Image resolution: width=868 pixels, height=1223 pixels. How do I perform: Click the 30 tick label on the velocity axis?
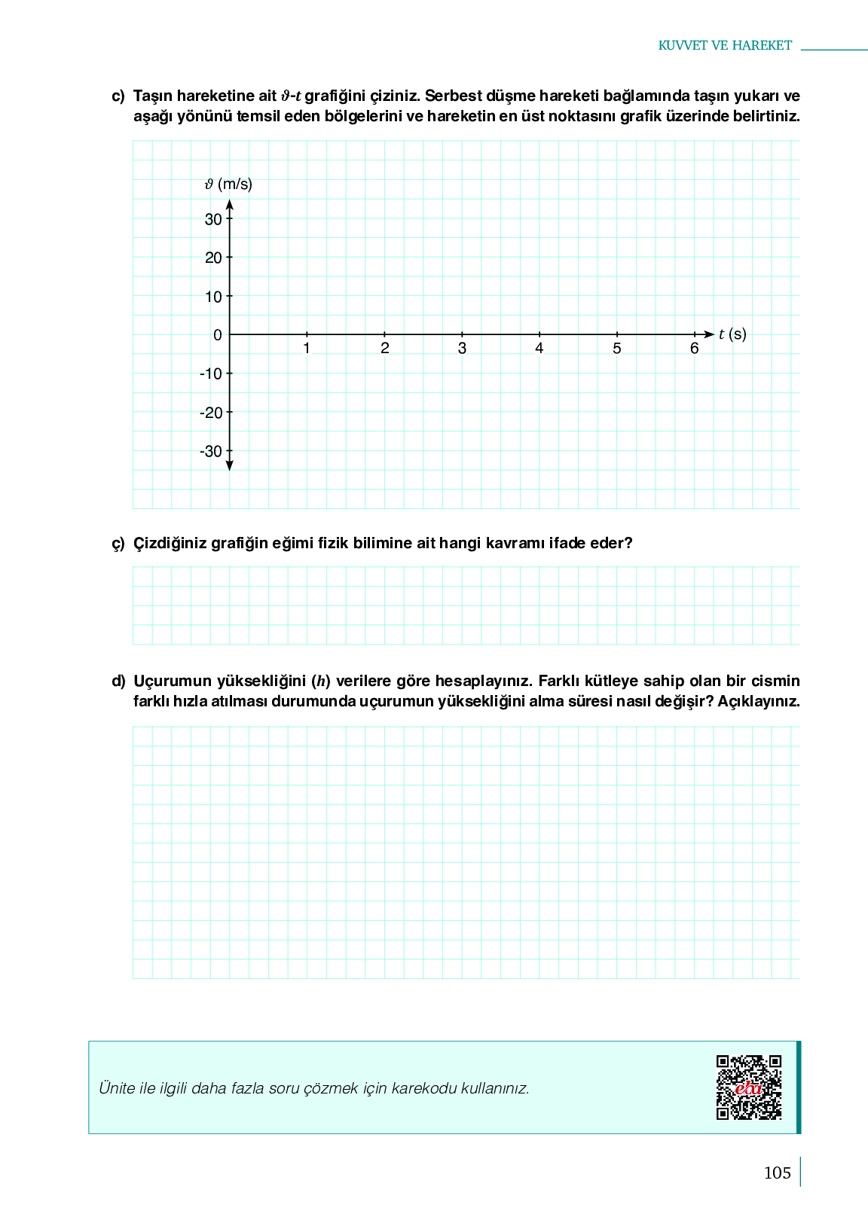point(213,219)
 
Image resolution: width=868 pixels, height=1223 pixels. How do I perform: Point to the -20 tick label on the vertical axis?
point(211,413)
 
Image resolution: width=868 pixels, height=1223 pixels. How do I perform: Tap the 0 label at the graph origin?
point(218,335)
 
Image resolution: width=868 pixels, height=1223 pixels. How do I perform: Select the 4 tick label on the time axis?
point(539,348)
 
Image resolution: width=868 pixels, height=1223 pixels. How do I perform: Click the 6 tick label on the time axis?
point(695,348)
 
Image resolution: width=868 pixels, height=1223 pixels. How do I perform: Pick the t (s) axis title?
point(732,334)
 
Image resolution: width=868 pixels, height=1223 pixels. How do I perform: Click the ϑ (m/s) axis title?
point(228,184)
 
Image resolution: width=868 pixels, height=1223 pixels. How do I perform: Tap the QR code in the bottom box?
point(749,1087)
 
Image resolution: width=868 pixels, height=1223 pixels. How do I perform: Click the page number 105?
point(777,1173)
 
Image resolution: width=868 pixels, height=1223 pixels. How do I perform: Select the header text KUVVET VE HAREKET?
point(725,45)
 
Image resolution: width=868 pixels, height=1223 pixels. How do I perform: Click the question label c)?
point(118,96)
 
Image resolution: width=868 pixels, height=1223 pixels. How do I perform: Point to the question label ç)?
point(118,543)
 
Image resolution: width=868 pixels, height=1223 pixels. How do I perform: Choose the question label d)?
point(118,682)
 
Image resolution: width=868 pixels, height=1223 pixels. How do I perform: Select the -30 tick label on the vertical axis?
point(211,452)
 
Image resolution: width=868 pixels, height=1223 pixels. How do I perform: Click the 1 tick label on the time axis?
point(307,348)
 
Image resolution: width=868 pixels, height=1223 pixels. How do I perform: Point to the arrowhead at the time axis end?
point(708,334)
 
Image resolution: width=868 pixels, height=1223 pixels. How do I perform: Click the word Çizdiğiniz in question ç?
point(170,543)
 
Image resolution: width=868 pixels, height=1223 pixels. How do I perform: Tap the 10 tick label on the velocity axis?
point(213,297)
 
